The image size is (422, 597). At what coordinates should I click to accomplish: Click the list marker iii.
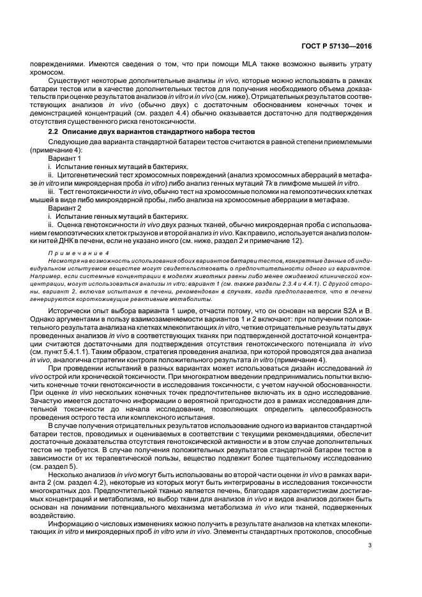click(x=52, y=190)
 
